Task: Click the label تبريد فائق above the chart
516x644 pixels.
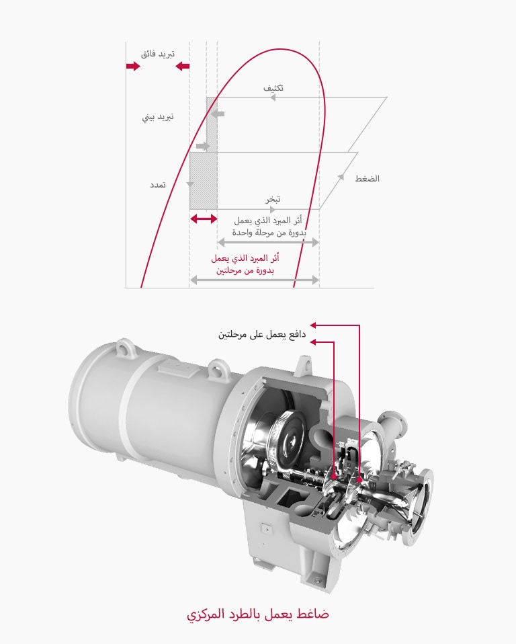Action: click(158, 53)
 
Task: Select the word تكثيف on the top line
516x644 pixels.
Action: click(273, 88)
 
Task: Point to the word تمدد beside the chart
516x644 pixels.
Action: click(158, 184)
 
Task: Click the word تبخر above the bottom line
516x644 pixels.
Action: click(272, 200)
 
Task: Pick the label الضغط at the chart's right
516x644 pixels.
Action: click(367, 179)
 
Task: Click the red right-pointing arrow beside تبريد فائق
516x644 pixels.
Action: click(132, 66)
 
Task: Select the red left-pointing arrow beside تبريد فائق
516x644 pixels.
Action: click(181, 66)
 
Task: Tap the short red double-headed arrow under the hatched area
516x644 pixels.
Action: click(204, 218)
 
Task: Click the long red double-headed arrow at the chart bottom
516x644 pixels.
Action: click(255, 279)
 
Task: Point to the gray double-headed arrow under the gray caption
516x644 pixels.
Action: click(267, 241)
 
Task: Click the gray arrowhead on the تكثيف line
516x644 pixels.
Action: click(273, 97)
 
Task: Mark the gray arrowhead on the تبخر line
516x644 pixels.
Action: click(273, 209)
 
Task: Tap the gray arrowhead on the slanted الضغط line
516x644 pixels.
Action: click(341, 176)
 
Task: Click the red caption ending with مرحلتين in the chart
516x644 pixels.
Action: click(245, 264)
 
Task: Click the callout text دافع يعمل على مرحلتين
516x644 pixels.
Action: click(262, 334)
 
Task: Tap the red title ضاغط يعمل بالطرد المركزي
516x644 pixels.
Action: click(258, 614)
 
